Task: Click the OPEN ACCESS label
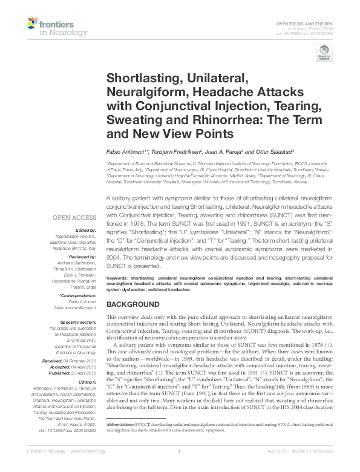click(x=74, y=218)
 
